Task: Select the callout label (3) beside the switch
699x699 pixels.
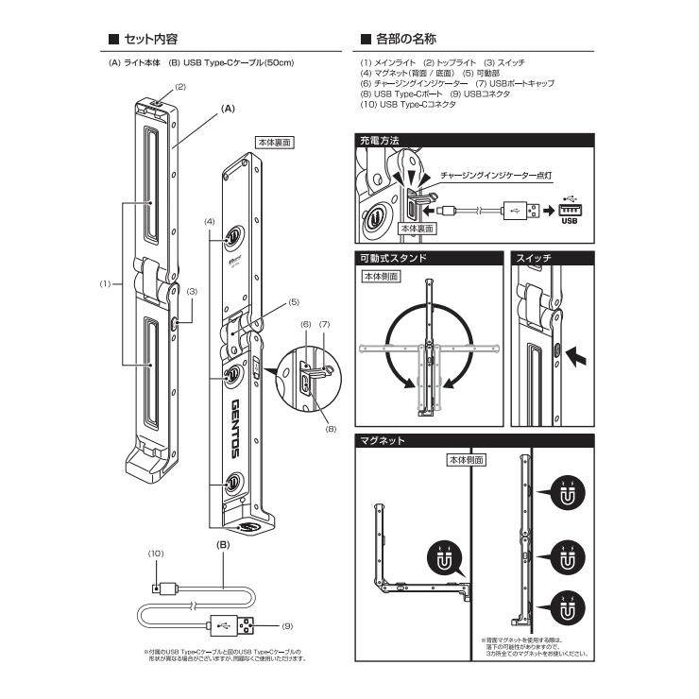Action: click(x=192, y=292)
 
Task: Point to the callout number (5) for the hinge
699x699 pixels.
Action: click(x=293, y=302)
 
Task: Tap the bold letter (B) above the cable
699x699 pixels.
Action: click(x=225, y=545)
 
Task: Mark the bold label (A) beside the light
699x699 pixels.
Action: click(x=227, y=110)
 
